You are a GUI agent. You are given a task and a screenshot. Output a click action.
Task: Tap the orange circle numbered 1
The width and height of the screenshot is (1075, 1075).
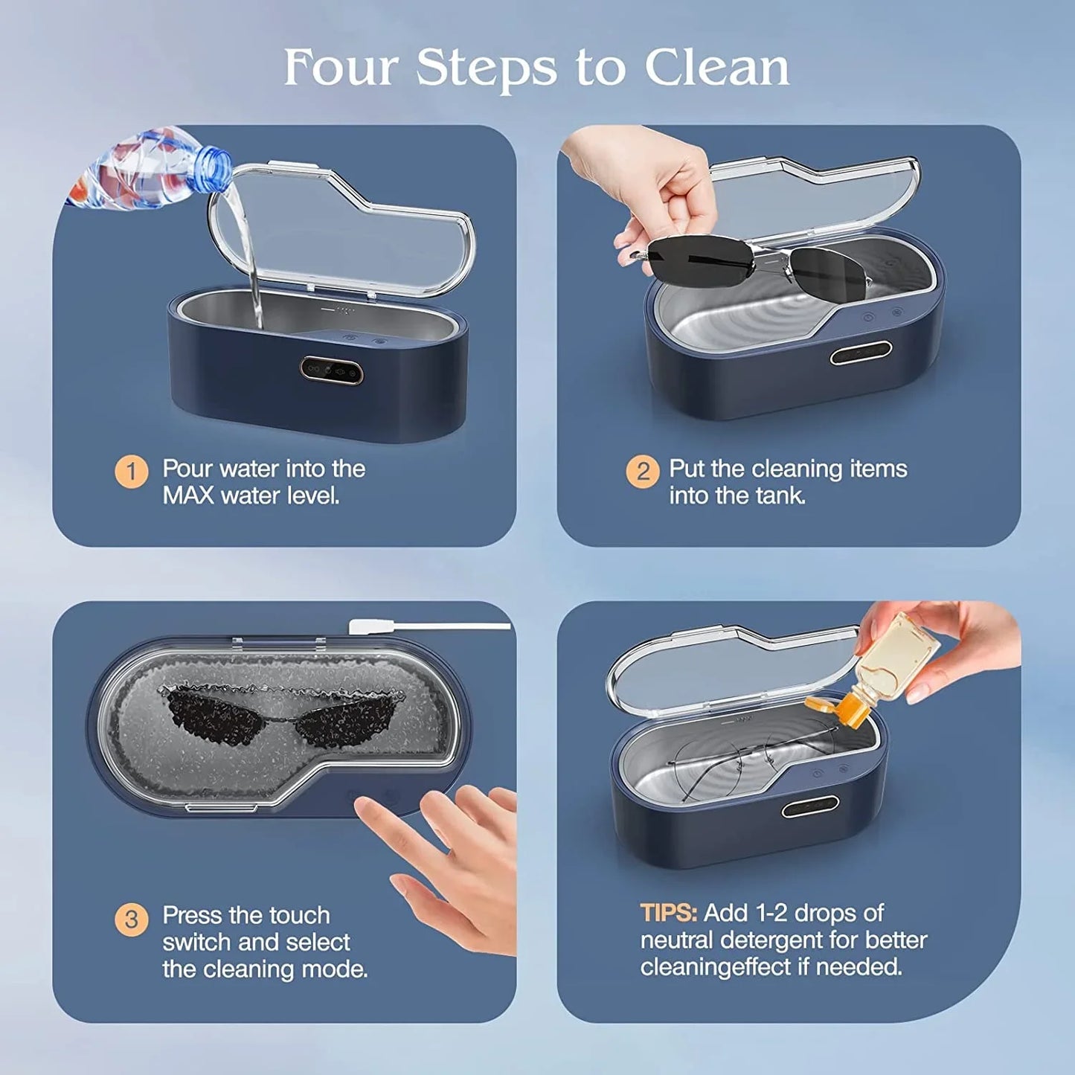coord(131,472)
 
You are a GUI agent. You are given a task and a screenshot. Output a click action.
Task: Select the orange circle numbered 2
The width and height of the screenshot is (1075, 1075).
coord(642,472)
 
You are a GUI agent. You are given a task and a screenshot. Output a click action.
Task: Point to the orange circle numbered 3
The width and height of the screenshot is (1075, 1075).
coord(131,920)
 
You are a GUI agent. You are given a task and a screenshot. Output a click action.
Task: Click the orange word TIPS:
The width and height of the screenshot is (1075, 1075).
coord(668,913)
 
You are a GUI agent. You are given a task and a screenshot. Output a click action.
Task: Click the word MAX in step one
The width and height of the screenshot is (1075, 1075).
coord(188,495)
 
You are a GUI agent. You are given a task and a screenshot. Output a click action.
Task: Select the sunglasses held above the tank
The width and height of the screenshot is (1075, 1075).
coord(751,262)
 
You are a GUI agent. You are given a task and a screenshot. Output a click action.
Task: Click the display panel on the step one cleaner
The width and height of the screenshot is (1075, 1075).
coord(332,369)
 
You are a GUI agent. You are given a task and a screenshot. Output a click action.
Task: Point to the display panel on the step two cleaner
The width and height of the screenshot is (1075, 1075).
coord(861,353)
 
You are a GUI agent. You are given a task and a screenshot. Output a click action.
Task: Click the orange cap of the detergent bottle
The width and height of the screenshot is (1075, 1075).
coord(841,710)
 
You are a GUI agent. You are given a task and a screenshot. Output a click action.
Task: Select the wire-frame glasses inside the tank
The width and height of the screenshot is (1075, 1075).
coord(744,759)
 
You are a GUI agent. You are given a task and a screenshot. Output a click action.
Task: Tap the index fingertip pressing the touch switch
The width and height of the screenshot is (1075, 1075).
coord(363,805)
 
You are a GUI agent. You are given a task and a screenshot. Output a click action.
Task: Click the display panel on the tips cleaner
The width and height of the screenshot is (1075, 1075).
coord(810,806)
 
